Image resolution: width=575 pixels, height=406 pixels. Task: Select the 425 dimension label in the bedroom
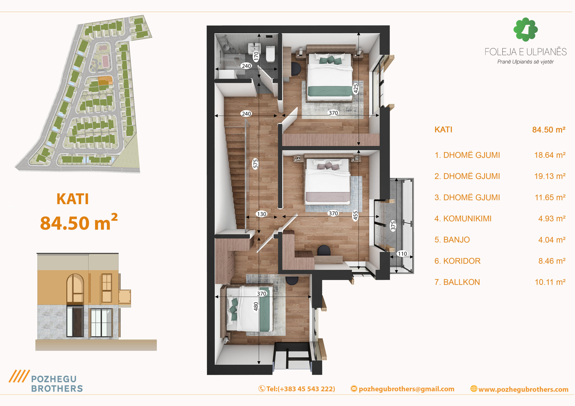click(x=356, y=89)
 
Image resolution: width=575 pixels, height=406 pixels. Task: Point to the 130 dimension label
click(x=261, y=214)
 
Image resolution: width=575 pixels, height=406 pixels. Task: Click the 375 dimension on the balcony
click(x=393, y=226)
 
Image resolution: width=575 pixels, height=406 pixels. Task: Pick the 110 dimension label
click(x=402, y=254)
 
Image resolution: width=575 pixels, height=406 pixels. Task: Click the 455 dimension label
click(x=355, y=216)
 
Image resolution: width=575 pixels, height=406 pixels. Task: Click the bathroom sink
click(x=254, y=48)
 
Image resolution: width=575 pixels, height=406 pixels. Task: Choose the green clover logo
click(x=525, y=29)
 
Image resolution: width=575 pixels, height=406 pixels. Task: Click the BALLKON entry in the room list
click(x=457, y=282)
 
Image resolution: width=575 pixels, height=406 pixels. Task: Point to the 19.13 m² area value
click(x=550, y=176)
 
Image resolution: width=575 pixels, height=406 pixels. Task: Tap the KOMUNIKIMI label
click(x=467, y=219)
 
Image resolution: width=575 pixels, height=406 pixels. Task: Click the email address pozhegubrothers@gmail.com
click(x=407, y=389)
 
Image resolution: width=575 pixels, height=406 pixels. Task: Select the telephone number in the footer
click(x=301, y=389)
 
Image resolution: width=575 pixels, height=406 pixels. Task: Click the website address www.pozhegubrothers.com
click(x=523, y=389)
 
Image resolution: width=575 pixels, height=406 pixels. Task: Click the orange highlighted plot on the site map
click(x=105, y=80)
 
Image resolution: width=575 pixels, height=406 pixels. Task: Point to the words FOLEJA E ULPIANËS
click(x=525, y=52)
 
